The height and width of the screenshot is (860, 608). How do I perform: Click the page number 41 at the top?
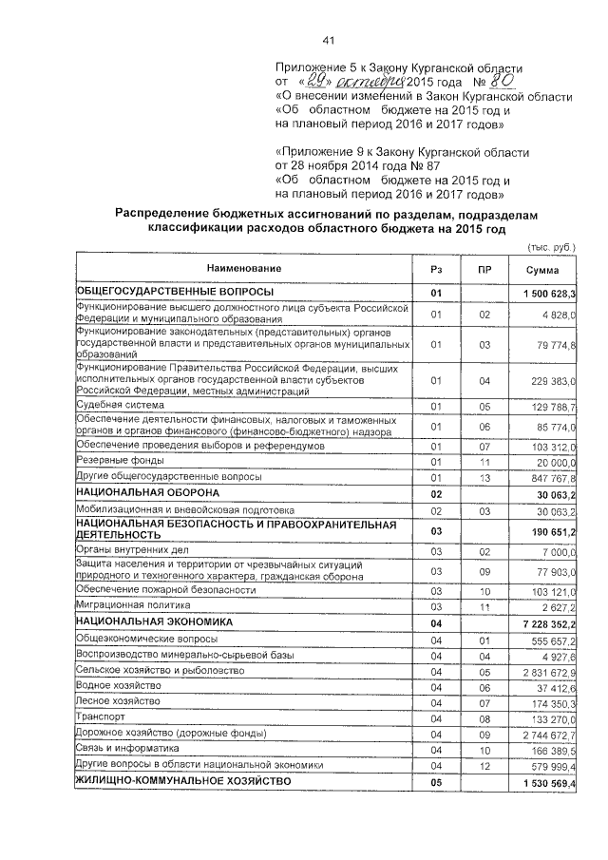(330, 40)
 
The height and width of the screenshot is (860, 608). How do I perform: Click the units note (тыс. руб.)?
(552, 247)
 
